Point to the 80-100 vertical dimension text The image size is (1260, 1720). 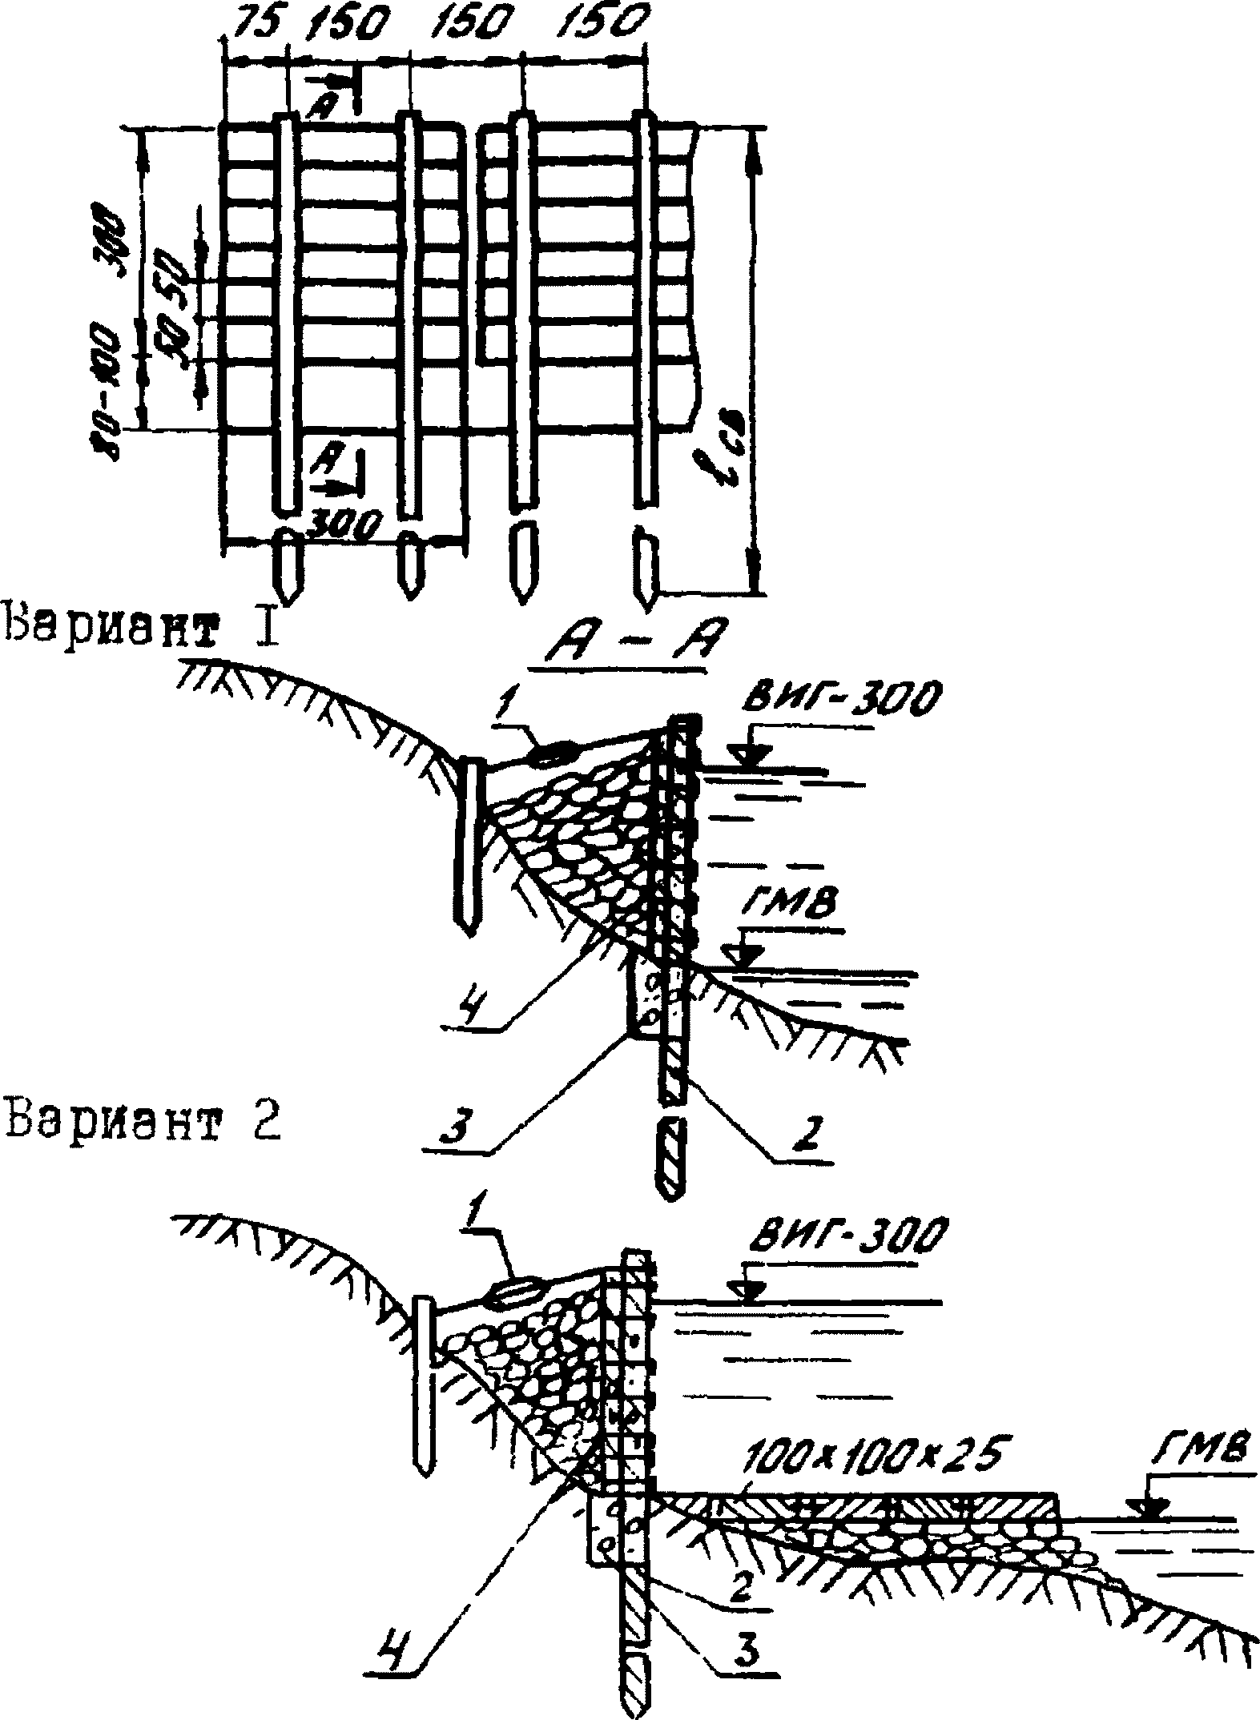click(x=111, y=392)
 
